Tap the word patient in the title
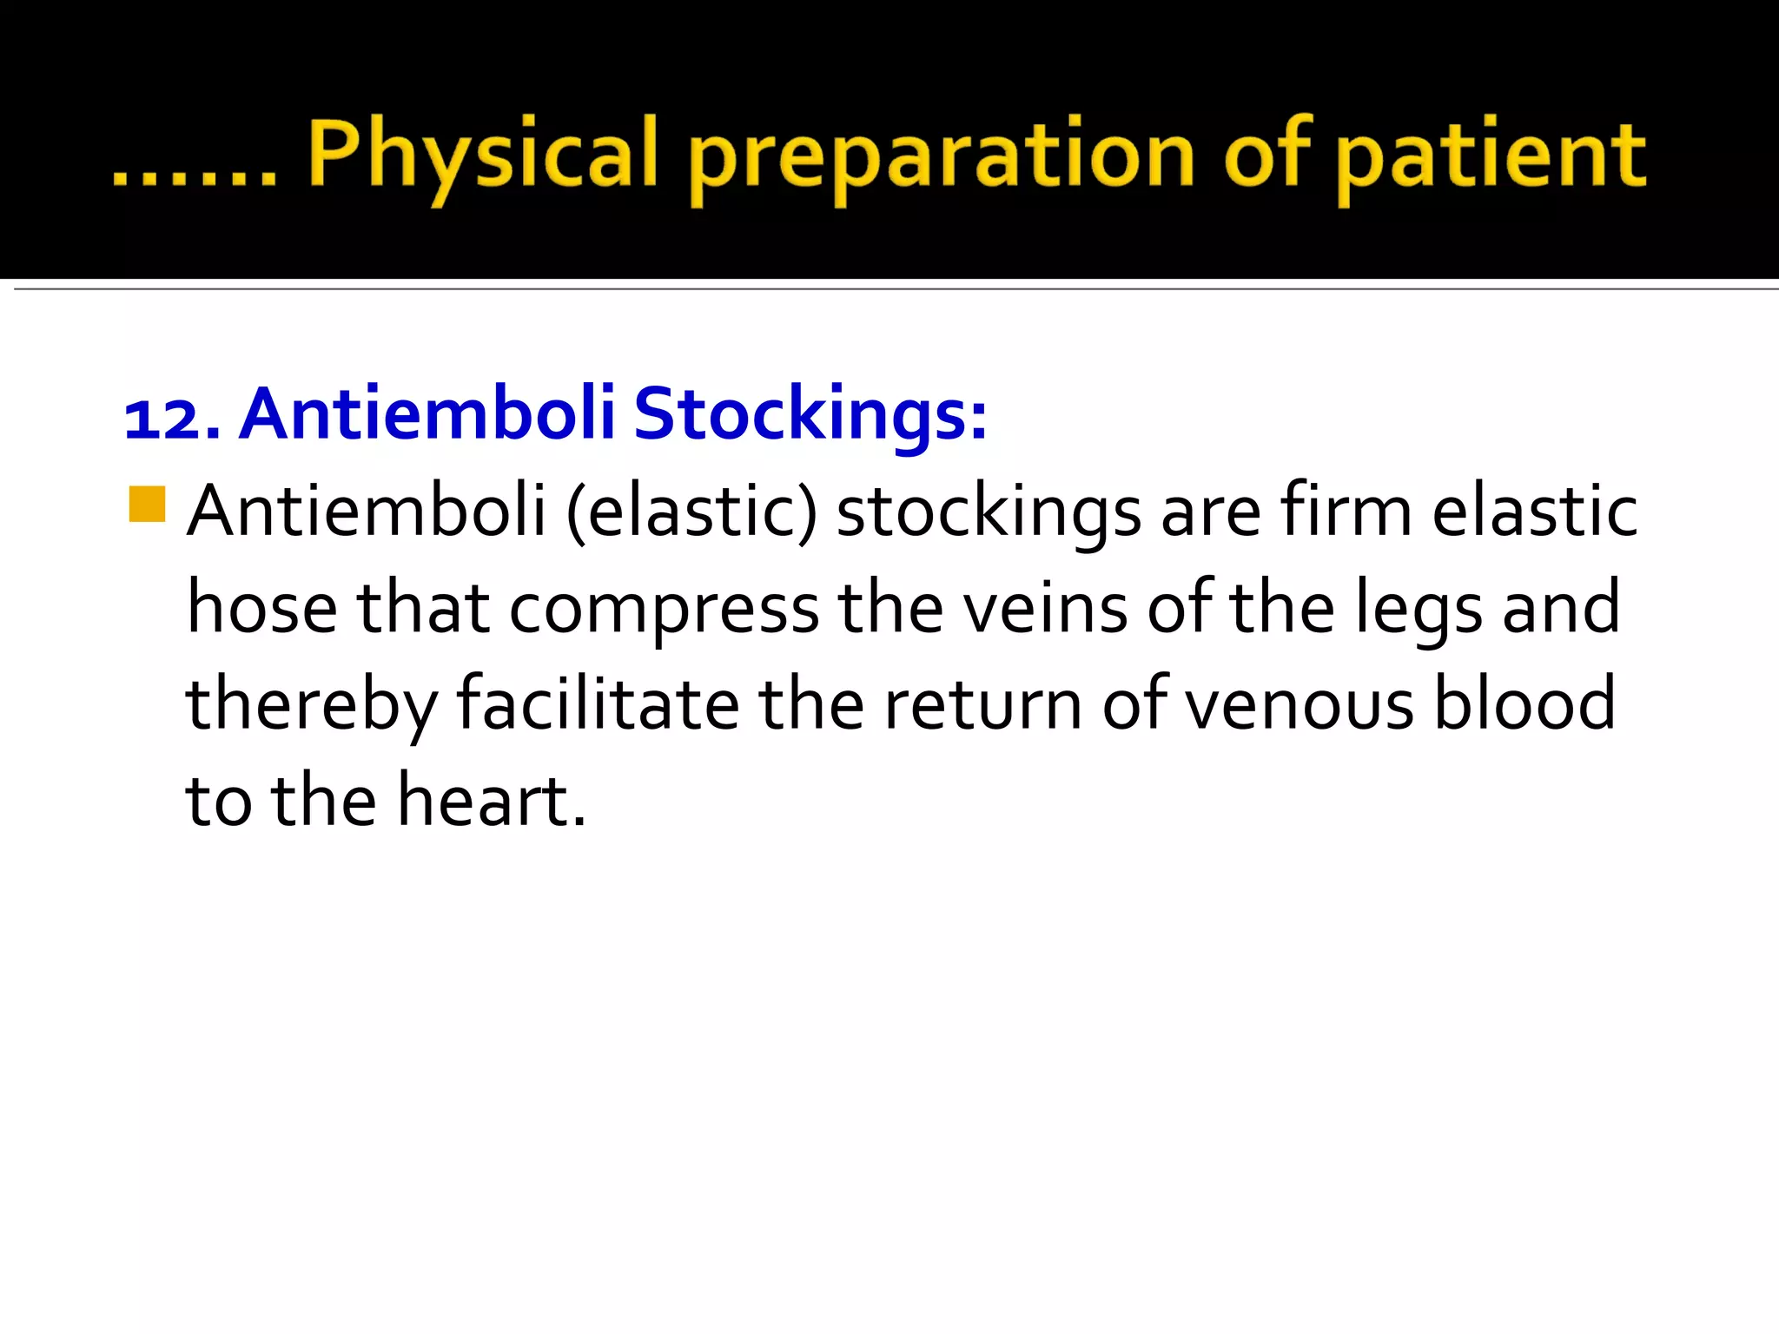click(1490, 156)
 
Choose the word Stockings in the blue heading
click(810, 415)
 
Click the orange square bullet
click(147, 504)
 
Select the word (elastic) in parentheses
click(691, 512)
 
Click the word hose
click(261, 608)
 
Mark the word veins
click(1045, 608)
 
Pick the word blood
click(1525, 703)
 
